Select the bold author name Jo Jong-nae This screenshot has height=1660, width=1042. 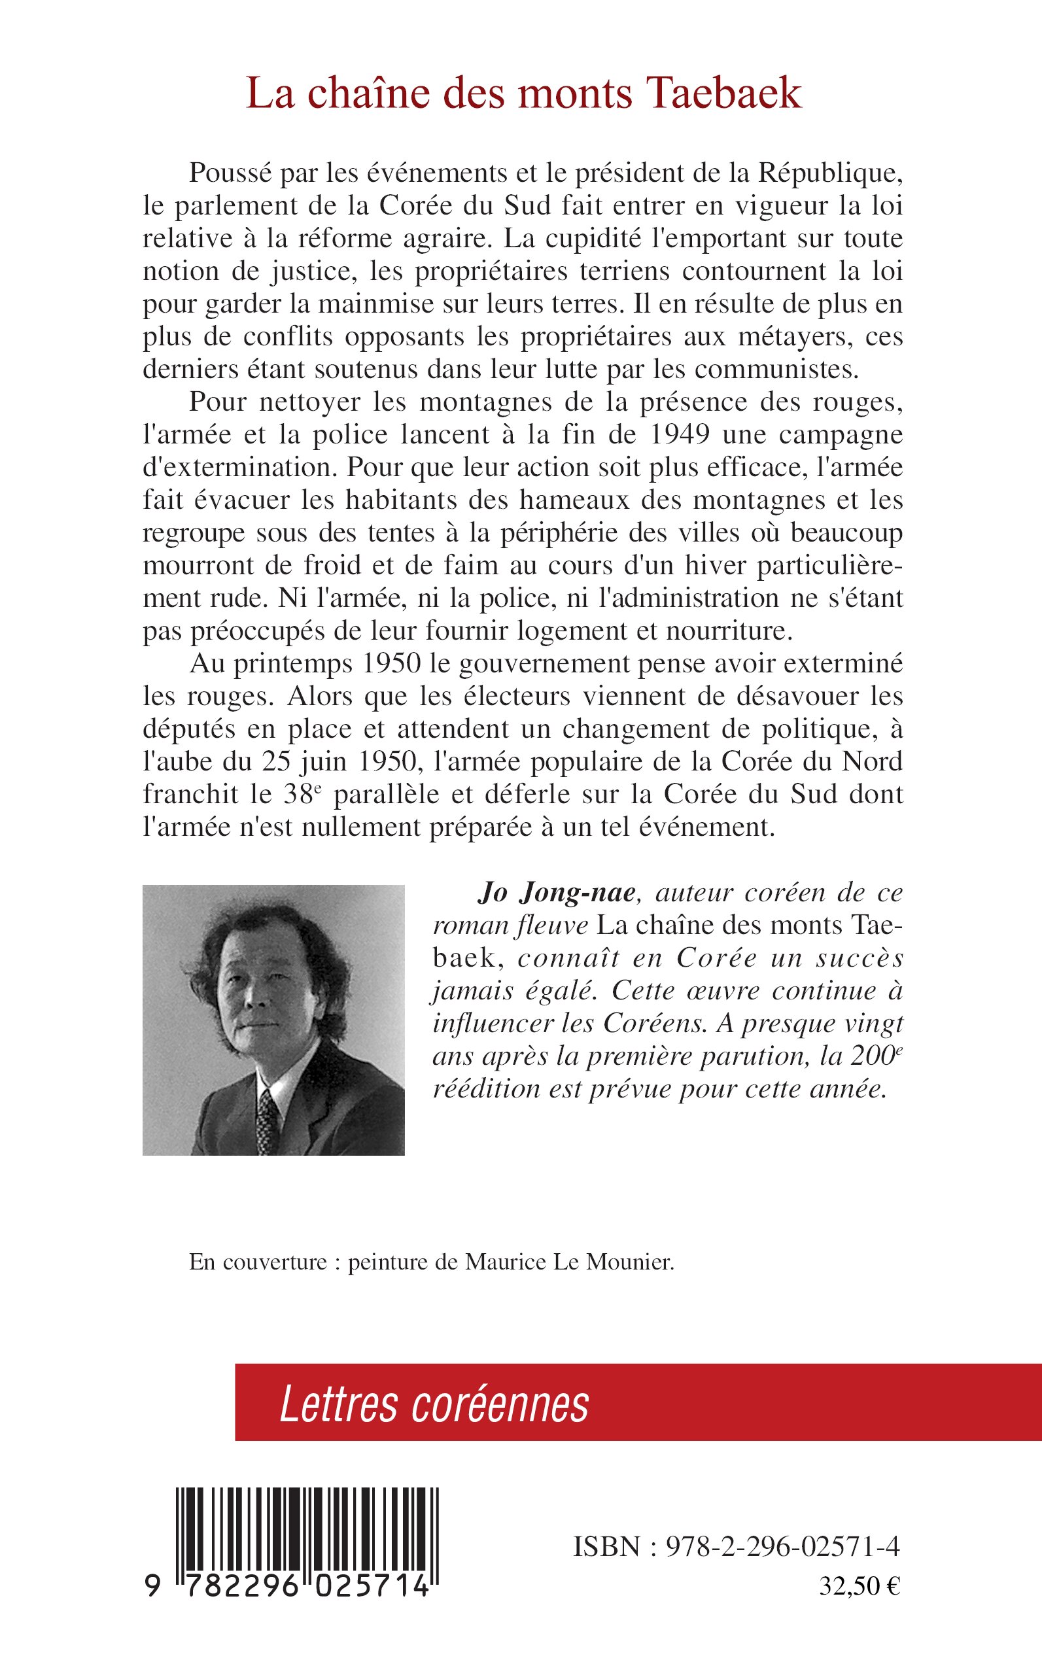556,893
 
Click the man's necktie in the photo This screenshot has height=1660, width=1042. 268,1117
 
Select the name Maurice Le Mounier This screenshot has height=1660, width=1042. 568,1262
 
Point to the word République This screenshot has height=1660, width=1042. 831,173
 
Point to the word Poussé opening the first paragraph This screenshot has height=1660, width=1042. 230,173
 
